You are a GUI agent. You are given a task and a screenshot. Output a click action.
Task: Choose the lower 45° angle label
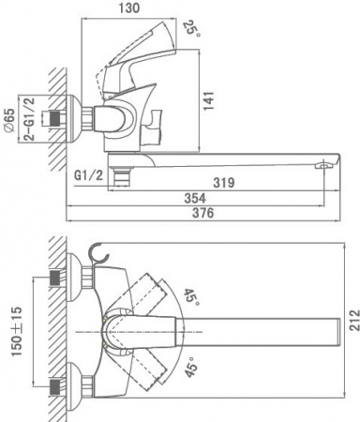192,368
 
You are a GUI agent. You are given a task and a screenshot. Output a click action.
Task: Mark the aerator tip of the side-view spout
322,165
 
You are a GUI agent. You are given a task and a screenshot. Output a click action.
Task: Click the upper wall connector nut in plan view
59,279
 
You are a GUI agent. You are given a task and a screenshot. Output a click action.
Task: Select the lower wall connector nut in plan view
59,384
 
